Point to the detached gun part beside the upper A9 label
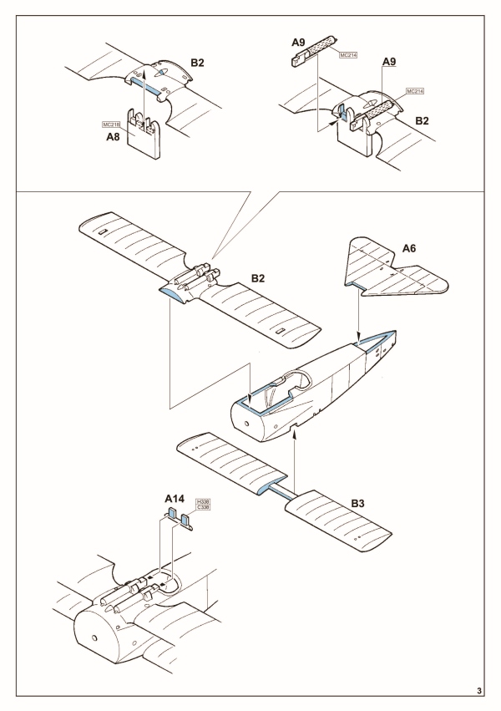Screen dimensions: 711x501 pyautogui.click(x=311, y=54)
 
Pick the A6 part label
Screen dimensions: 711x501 pyautogui.click(x=410, y=248)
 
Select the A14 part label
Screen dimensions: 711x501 pyautogui.click(x=174, y=499)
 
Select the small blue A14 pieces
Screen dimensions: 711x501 pyautogui.click(x=177, y=521)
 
